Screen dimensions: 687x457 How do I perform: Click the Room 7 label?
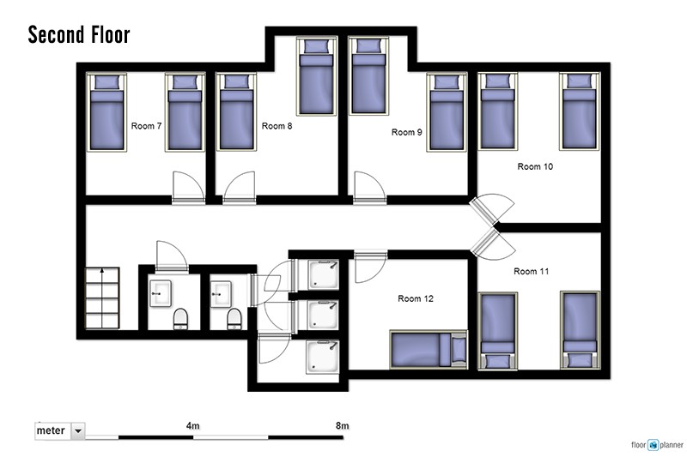pyautogui.click(x=146, y=126)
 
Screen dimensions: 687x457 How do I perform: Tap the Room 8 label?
pyautogui.click(x=277, y=126)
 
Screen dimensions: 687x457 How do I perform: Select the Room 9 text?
pyautogui.click(x=406, y=132)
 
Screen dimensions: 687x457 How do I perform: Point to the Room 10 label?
pyautogui.click(x=535, y=166)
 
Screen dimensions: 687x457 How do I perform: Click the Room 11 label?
pyautogui.click(x=531, y=271)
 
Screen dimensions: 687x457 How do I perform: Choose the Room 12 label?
pyautogui.click(x=416, y=298)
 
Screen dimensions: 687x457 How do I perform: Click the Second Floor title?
pyautogui.click(x=79, y=35)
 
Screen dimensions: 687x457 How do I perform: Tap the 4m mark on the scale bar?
pyautogui.click(x=192, y=425)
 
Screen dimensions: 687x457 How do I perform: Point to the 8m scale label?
pyautogui.click(x=342, y=425)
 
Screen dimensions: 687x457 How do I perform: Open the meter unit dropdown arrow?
pyautogui.click(x=78, y=430)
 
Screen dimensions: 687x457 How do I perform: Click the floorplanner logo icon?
pyautogui.click(x=654, y=445)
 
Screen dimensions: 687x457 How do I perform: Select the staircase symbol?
pyautogui.click(x=102, y=298)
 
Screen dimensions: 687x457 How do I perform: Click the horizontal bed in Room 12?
pyautogui.click(x=429, y=350)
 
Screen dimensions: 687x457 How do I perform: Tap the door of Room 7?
pyautogui.click(x=188, y=187)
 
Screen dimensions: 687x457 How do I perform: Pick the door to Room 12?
pyautogui.click(x=370, y=266)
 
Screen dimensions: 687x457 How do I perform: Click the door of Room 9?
pyautogui.click(x=370, y=187)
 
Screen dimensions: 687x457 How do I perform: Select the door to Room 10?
pyautogui.click(x=490, y=209)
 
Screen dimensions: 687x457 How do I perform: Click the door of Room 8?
pyautogui.click(x=240, y=187)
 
